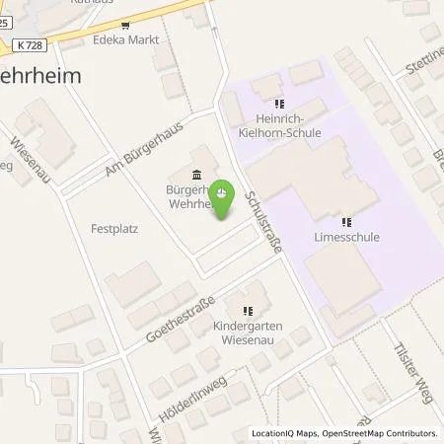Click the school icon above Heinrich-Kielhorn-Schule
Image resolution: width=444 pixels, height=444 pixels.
click(x=280, y=102)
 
